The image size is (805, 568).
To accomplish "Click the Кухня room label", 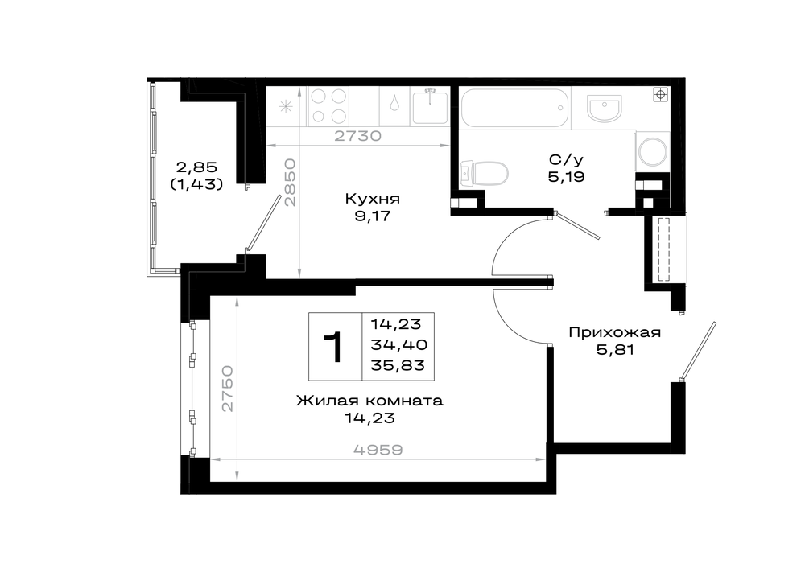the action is point(372,199).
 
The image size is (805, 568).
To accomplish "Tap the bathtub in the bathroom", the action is point(515,108).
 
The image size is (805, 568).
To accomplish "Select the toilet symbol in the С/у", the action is point(485,173).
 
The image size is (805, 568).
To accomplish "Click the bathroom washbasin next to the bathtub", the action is point(605,109).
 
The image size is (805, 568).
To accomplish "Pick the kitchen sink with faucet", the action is point(430,106).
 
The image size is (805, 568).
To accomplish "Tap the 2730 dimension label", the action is point(358,136).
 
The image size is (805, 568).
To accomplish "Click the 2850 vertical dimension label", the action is point(291,183).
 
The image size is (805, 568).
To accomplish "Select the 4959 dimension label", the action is point(378,450).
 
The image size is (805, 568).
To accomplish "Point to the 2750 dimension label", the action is point(228,389).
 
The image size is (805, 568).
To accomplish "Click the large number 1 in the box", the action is point(335,347).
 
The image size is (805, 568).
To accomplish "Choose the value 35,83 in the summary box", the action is point(398,365).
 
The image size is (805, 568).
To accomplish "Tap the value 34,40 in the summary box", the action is point(399,344).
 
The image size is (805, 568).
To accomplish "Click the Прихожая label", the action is point(614,333).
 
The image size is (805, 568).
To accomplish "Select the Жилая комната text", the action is point(369,401).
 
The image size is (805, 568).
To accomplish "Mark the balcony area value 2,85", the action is point(197,167).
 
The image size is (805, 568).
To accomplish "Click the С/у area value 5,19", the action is point(566,178).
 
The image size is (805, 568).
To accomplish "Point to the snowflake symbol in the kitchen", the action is point(286,107).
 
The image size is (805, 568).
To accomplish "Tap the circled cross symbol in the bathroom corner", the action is point(660,94).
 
